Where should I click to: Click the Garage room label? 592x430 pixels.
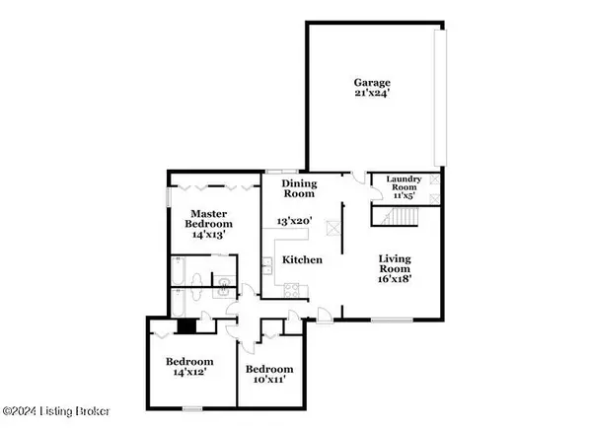[x=375, y=83]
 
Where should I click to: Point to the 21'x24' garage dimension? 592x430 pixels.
[x=375, y=96]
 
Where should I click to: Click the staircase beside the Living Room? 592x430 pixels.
[x=384, y=216]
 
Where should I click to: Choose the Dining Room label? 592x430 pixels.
[x=298, y=188]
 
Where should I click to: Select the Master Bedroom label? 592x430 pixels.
[x=209, y=219]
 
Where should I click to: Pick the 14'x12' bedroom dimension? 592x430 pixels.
[x=185, y=375]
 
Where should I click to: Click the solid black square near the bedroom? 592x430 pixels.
[x=183, y=329]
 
